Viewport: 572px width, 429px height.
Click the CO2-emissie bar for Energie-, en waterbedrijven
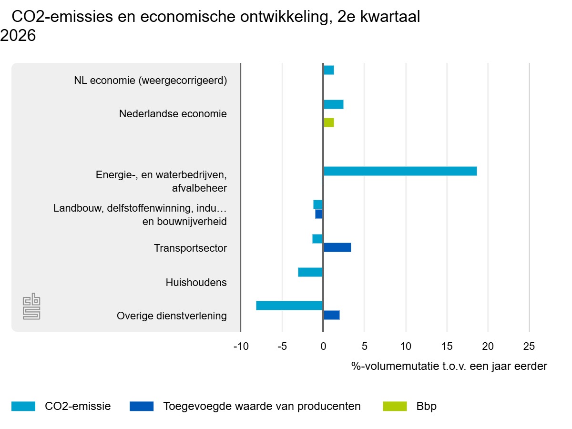pyautogui.click(x=400, y=171)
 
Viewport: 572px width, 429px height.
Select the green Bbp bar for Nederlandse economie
pyautogui.click(x=329, y=123)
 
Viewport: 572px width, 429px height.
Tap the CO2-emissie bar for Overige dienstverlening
pyautogui.click(x=289, y=306)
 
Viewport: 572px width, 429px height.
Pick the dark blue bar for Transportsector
pyautogui.click(x=337, y=247)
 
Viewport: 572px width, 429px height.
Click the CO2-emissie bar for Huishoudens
pyautogui.click(x=310, y=272)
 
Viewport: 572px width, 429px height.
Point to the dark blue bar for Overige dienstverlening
pyautogui.click(x=331, y=315)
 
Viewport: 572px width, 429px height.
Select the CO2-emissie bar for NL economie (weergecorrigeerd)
pyautogui.click(x=329, y=70)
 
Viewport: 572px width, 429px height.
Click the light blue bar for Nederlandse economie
pyautogui.click(x=334, y=104)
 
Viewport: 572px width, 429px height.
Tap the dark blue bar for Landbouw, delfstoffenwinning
pyautogui.click(x=319, y=214)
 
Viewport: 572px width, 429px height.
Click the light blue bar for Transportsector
pyautogui.click(x=317, y=239)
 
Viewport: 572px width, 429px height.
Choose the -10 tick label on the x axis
pyautogui.click(x=241, y=347)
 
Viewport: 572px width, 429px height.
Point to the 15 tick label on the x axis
pyautogui.click(x=447, y=347)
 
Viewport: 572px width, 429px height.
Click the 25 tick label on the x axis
pyautogui.click(x=529, y=347)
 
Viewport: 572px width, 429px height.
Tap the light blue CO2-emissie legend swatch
pyautogui.click(x=23, y=406)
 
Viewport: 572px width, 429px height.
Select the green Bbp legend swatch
pyautogui.click(x=395, y=406)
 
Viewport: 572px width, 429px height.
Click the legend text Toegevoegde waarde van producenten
pyautogui.click(x=262, y=406)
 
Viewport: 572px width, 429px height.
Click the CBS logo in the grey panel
pyautogui.click(x=31, y=306)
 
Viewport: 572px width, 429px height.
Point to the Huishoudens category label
pyautogui.click(x=196, y=283)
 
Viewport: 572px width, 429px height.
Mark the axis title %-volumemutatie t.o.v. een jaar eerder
pyautogui.click(x=449, y=366)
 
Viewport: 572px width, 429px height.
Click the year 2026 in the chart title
pyautogui.click(x=18, y=35)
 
